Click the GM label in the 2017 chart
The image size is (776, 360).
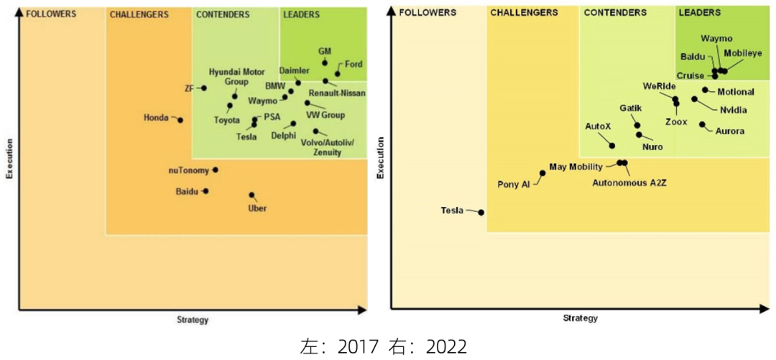click(x=324, y=52)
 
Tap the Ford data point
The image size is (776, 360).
click(x=338, y=74)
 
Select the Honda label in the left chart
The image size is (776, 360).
click(x=156, y=117)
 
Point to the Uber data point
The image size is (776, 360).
click(x=251, y=195)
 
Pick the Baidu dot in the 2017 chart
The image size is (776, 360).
click(x=205, y=191)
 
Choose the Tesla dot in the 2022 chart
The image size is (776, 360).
click(x=481, y=212)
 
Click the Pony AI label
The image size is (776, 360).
click(x=513, y=184)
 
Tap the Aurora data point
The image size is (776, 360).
click(x=702, y=124)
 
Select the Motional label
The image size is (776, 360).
click(x=736, y=92)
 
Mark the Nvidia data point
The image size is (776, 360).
click(x=694, y=99)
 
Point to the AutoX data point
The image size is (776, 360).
click(x=612, y=146)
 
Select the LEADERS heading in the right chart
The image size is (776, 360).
click(x=700, y=13)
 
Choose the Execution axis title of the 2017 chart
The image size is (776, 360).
click(x=9, y=159)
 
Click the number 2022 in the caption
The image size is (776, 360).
click(x=446, y=347)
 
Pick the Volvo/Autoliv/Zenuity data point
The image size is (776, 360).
click(x=316, y=131)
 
